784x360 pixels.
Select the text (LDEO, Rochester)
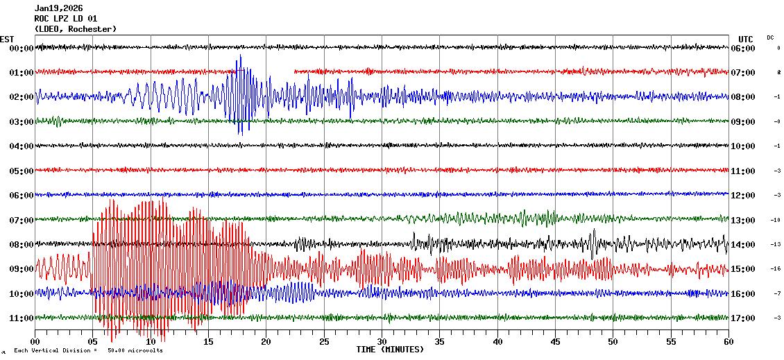tap(76, 28)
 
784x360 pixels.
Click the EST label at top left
tap(7, 39)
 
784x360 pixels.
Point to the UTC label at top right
tap(746, 39)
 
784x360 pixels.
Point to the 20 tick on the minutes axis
tap(266, 342)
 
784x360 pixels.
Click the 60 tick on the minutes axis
tap(728, 342)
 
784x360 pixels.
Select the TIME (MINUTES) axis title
tap(390, 350)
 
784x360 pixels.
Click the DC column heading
tap(770, 37)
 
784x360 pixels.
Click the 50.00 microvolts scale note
tap(135, 350)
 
